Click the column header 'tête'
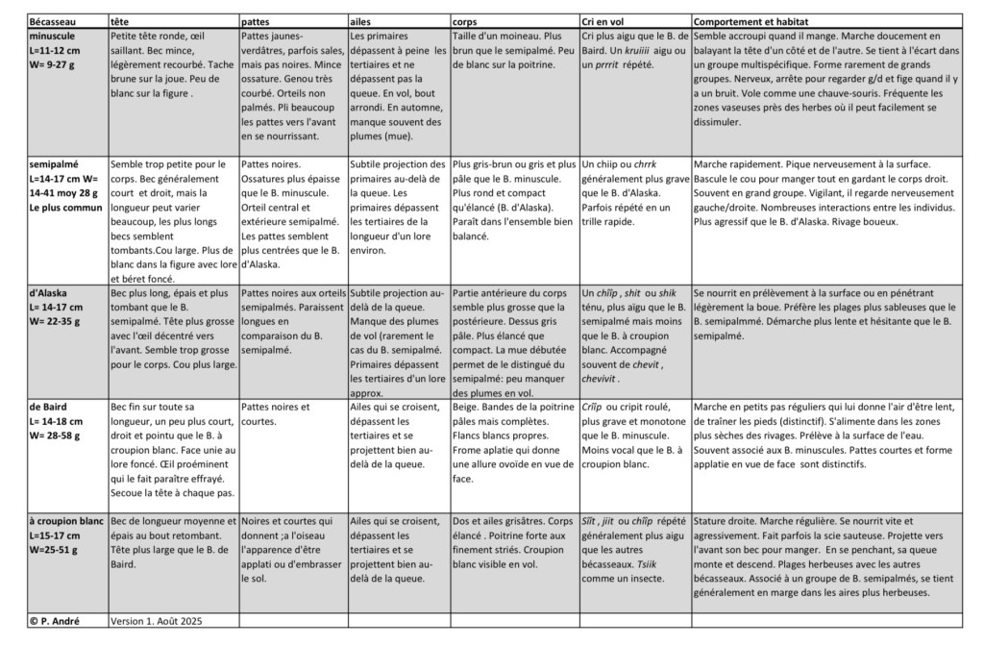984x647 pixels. pos(120,21)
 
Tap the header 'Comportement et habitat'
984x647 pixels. pos(750,21)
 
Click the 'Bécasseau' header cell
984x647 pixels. pos(54,21)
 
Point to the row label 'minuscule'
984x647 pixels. pos(54,35)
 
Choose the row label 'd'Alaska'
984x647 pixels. pos(48,292)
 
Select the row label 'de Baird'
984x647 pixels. pos(48,407)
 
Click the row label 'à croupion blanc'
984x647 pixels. pos(65,520)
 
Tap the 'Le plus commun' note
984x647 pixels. pos(65,207)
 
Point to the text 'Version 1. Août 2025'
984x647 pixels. pos(158,621)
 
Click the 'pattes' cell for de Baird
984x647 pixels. pos(275,413)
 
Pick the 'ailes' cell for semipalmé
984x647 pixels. pos(398,208)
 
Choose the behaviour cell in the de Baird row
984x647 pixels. pos(824,435)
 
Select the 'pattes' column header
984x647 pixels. pos(255,21)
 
